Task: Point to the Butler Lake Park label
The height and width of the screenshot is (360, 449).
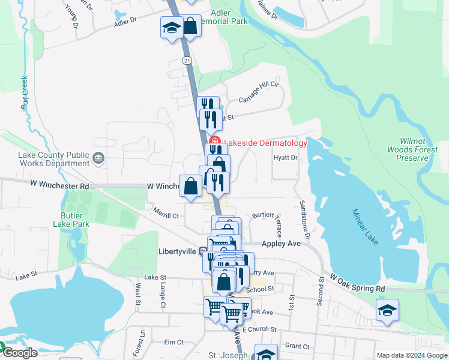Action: click(75, 220)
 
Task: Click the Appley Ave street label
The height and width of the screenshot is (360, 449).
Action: click(281, 244)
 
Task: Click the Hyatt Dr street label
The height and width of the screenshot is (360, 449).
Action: click(286, 158)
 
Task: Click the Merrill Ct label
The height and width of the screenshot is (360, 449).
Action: click(166, 214)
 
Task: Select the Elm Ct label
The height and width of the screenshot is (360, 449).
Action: click(173, 342)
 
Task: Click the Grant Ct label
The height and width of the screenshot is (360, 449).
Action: click(297, 346)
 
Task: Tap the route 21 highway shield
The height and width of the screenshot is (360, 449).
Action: click(187, 61)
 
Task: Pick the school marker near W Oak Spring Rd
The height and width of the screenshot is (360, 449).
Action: click(387, 311)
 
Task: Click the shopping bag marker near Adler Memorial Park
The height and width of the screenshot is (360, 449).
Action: click(190, 26)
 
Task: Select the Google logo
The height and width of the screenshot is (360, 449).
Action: click(19, 353)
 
